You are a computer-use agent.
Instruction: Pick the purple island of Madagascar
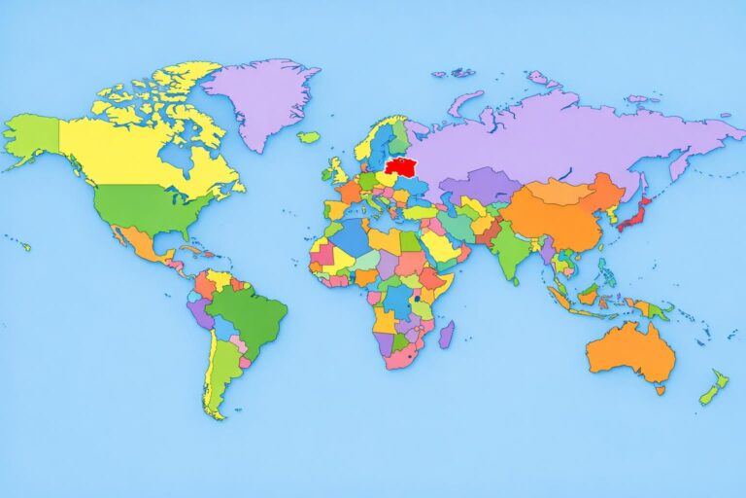446,336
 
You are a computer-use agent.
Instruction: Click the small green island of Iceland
308,137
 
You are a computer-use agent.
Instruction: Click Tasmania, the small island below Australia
660,390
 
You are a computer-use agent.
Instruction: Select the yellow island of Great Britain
337,172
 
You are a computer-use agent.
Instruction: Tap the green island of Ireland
326,175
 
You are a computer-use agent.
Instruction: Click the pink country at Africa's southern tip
397,357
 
